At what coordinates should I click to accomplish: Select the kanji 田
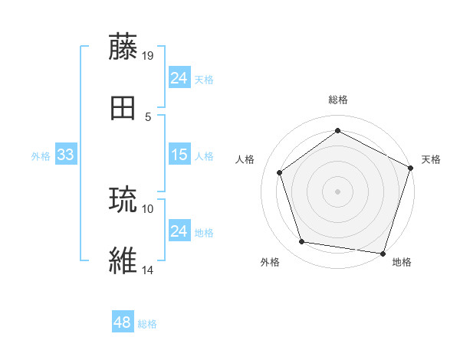(124, 108)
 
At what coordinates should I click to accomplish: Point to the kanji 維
(124, 260)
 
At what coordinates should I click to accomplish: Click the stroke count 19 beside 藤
(149, 55)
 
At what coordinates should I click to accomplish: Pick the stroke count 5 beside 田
(148, 117)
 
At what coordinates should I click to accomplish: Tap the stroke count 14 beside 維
(148, 270)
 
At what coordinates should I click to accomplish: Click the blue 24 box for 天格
(179, 78)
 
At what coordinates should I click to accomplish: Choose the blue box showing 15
(179, 155)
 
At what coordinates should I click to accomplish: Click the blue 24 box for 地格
(179, 231)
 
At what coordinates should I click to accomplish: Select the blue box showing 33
(66, 155)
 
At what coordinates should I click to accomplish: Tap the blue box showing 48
(123, 322)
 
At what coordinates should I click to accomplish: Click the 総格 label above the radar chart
(338, 100)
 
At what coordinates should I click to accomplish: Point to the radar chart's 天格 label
(431, 159)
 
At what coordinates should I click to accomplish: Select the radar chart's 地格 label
(402, 262)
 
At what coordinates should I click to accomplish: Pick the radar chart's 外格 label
(270, 262)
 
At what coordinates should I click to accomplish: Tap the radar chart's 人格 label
(245, 159)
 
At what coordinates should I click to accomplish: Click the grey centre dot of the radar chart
(337, 191)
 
